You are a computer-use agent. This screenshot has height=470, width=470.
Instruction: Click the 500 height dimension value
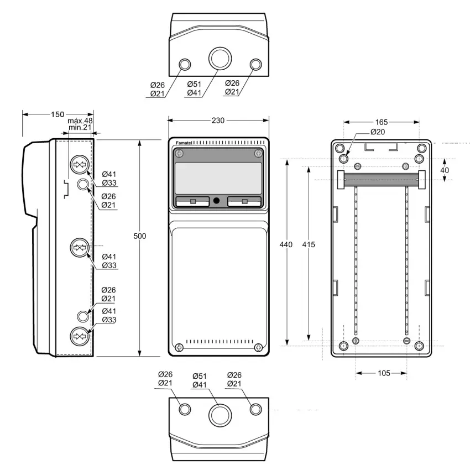(x=140, y=236)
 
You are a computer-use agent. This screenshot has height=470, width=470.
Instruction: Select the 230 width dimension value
(x=218, y=121)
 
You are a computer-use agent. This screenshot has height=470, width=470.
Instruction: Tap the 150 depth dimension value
(x=58, y=114)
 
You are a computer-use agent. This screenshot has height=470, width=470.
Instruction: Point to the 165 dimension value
(x=382, y=122)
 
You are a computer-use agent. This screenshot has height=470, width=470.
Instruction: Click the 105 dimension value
(x=384, y=373)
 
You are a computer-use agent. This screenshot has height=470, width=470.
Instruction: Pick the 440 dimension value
(x=286, y=244)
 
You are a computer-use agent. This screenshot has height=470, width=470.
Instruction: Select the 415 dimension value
(x=309, y=244)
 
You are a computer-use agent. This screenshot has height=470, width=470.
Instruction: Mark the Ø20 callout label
(x=378, y=132)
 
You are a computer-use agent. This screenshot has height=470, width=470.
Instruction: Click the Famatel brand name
(x=184, y=143)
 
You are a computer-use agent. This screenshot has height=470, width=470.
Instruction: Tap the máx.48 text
(x=80, y=121)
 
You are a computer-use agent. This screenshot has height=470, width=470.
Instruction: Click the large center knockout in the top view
(x=220, y=58)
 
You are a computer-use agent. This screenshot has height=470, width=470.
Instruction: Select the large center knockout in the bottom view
(x=220, y=415)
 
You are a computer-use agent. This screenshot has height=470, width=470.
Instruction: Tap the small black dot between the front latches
(x=216, y=201)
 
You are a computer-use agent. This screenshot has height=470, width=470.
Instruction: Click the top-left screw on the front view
(x=179, y=154)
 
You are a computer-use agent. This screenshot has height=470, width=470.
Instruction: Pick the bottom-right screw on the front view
(x=258, y=348)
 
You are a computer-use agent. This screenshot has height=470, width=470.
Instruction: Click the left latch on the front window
(x=192, y=201)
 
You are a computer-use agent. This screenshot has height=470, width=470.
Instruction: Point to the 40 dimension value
(x=445, y=170)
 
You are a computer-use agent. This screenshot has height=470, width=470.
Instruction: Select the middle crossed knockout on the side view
(x=80, y=248)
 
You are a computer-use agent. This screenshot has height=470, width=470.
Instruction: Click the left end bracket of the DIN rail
(x=341, y=180)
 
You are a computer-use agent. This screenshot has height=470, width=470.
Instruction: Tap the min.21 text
(x=80, y=127)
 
